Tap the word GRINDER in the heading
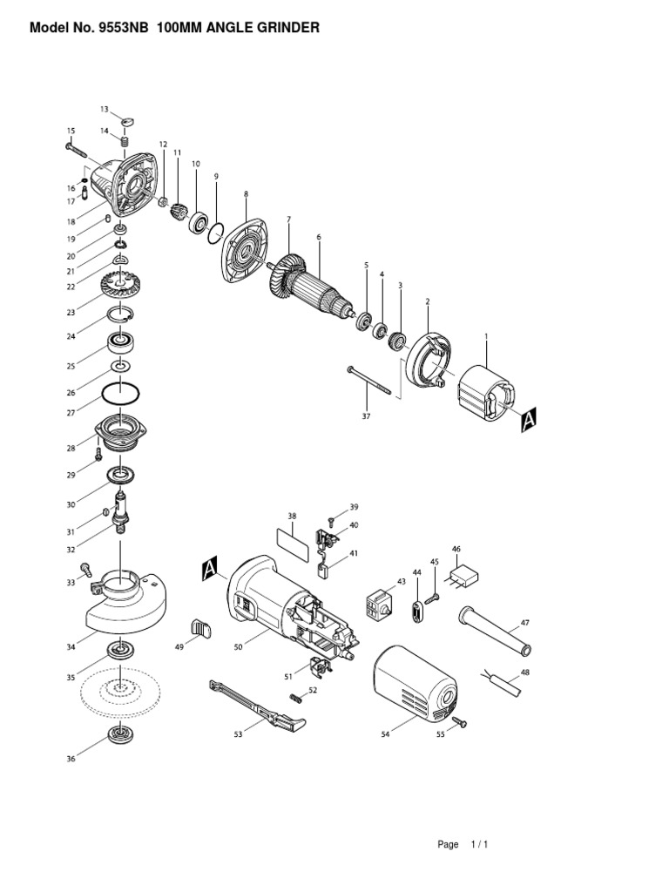tap(283, 29)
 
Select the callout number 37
tap(366, 416)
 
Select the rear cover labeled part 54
tap(415, 685)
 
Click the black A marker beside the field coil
tap(529, 422)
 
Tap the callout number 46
tap(456, 549)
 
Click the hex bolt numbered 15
tap(79, 152)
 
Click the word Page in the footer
tap(448, 844)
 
